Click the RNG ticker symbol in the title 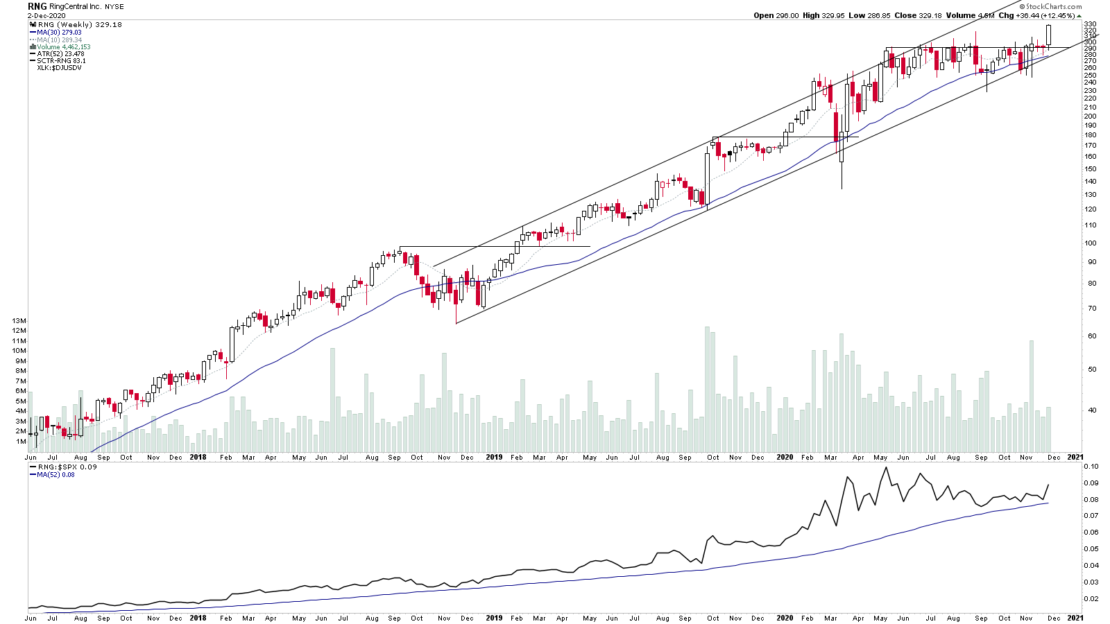(37, 6)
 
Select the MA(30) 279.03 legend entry (59, 33)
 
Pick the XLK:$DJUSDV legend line (59, 68)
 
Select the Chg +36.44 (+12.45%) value (1036, 15)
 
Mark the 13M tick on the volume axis (19, 321)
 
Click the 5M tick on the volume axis (21, 401)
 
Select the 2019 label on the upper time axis (494, 458)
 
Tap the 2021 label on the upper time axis (1075, 458)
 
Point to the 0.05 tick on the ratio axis (1092, 549)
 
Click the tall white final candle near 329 (1049, 35)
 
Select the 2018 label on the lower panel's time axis (198, 618)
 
